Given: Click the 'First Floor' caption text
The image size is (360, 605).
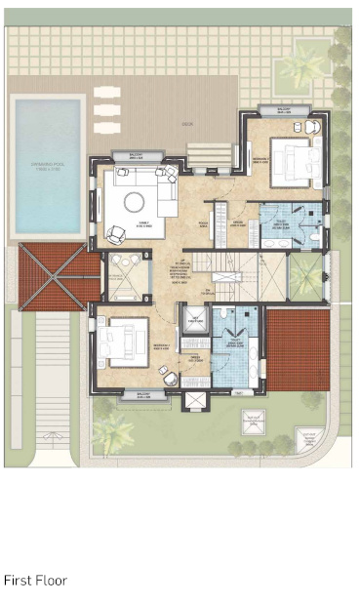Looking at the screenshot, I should tap(35, 581).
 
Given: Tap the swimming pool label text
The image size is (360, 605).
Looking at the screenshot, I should tap(47, 169).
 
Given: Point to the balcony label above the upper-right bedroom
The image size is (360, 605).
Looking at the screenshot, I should tap(284, 110).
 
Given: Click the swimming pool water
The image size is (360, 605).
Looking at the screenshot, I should tap(47, 146).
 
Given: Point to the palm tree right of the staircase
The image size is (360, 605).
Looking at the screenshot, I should tap(306, 279).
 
